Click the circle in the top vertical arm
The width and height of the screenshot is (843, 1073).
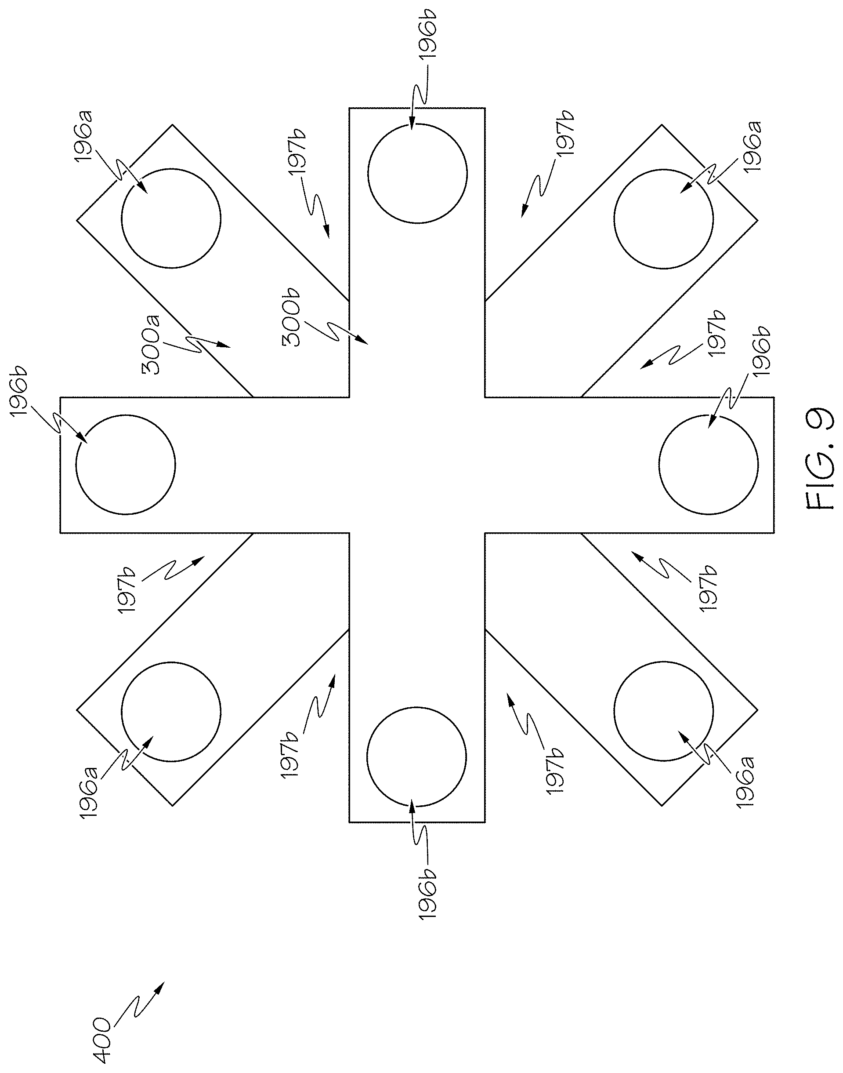point(417,173)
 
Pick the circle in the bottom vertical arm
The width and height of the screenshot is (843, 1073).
point(416,757)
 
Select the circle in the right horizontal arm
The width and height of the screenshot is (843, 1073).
point(708,464)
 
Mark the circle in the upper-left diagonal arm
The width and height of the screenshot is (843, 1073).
point(171,218)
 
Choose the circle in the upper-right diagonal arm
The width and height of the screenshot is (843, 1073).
point(663,219)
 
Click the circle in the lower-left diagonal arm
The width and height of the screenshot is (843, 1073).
point(171,711)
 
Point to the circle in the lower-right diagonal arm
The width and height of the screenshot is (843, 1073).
point(663,711)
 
